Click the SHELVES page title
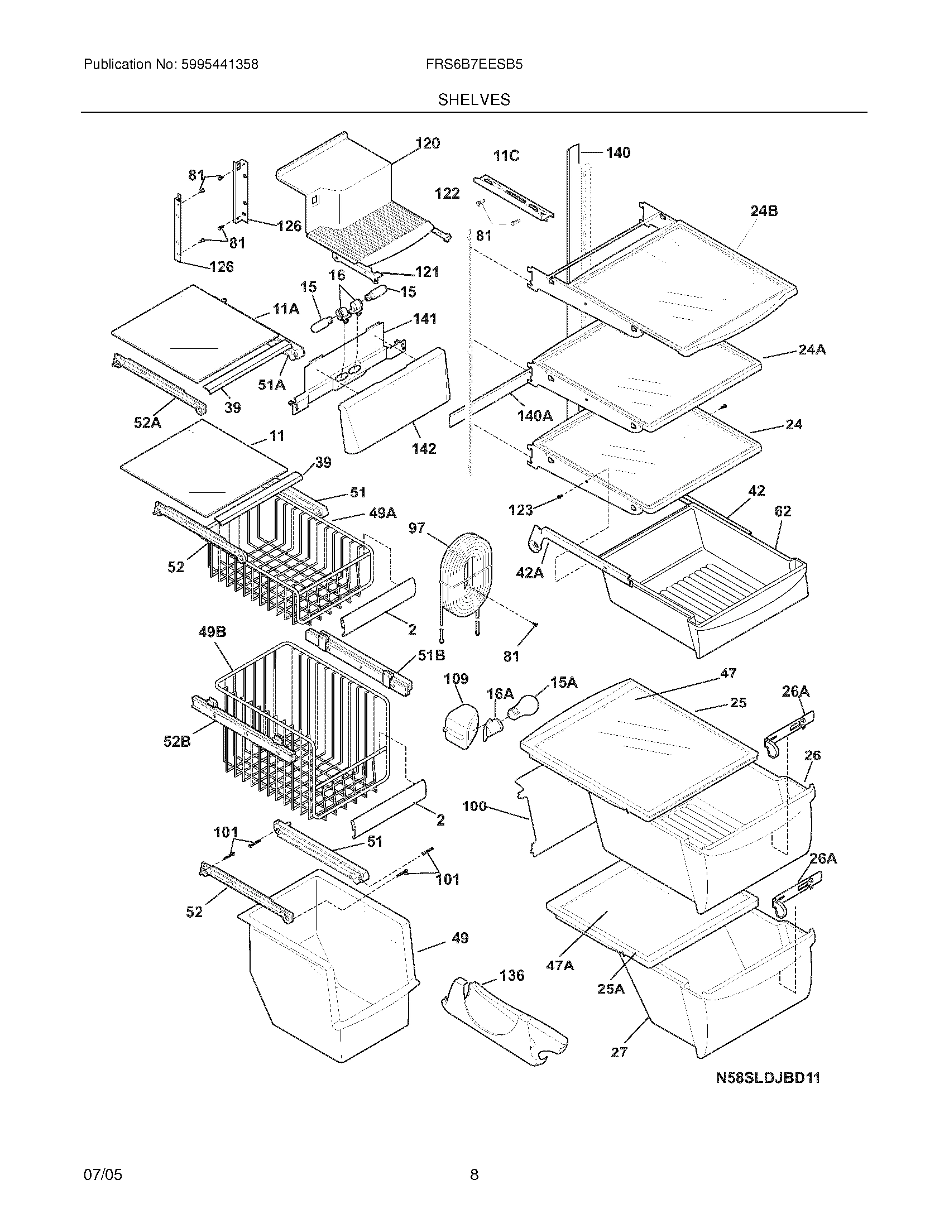(474, 100)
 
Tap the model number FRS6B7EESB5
(474, 65)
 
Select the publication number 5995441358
(219, 65)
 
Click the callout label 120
(428, 144)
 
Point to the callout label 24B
(764, 212)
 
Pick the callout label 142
(423, 449)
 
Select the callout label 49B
(212, 632)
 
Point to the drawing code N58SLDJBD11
(768, 1078)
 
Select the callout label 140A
(535, 415)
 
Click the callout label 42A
(530, 573)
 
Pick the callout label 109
(456, 679)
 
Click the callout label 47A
(560, 966)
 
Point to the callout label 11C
(506, 156)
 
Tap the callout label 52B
(177, 742)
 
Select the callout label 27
(619, 1052)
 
